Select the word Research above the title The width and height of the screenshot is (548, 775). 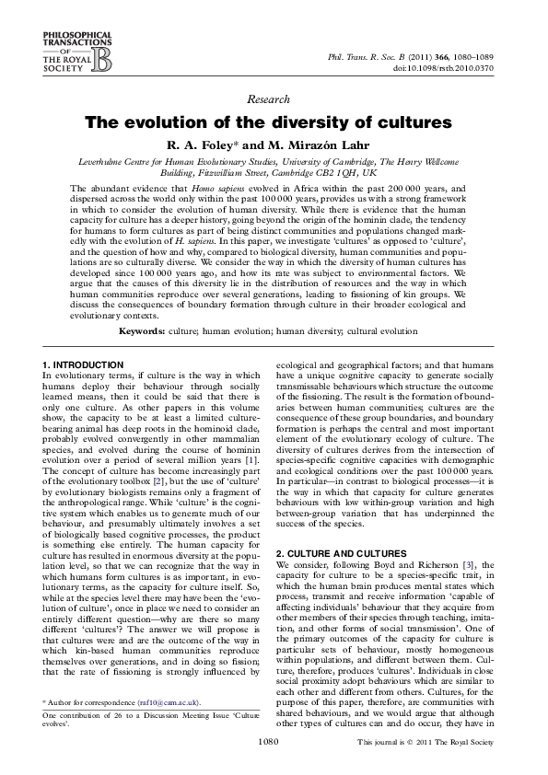click(x=269, y=99)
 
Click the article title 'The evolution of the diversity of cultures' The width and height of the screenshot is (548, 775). click(x=269, y=123)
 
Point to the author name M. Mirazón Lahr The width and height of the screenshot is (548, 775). click(x=308, y=145)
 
